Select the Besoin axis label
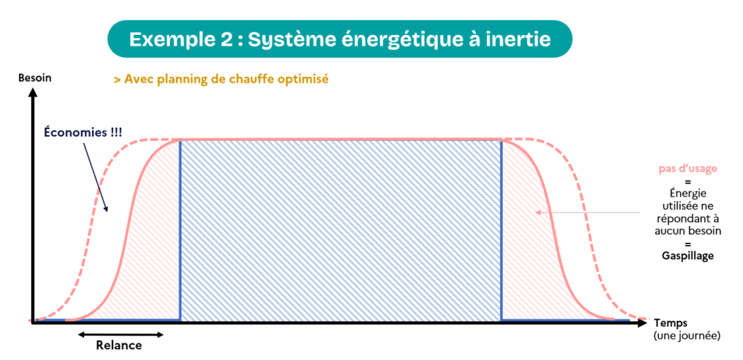pos(35,78)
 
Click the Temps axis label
pos(670,324)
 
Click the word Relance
pos(119,345)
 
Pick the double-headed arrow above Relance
pos(121,335)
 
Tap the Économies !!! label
pos(83,132)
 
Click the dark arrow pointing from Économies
pos(97,176)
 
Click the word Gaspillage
pos(688,255)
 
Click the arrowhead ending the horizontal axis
pos(641,323)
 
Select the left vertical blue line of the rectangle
pos(180,230)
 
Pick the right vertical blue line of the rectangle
pos(501,230)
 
